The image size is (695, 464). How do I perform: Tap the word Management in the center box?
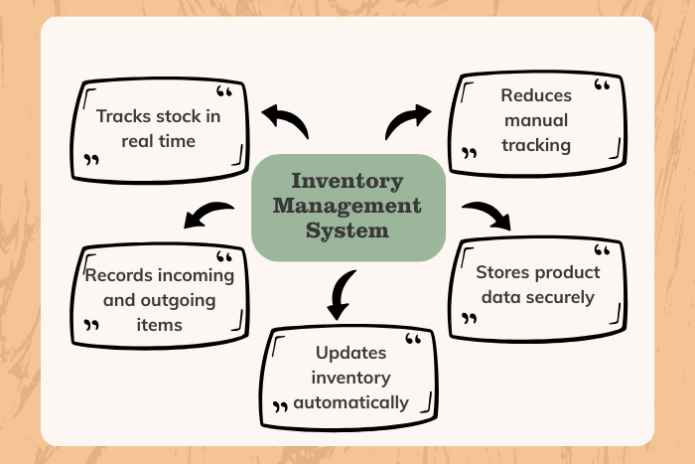pyautogui.click(x=347, y=207)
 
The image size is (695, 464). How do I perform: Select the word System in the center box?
pyautogui.click(x=347, y=231)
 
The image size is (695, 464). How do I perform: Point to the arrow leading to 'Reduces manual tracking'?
pyautogui.click(x=406, y=119)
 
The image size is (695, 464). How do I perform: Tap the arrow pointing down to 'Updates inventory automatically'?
pyautogui.click(x=340, y=293)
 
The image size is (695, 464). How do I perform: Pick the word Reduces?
pyautogui.click(x=537, y=96)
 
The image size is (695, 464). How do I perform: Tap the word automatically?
pyautogui.click(x=349, y=402)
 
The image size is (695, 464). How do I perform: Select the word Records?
pyautogui.click(x=118, y=274)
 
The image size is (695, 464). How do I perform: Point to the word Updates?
pyautogui.click(x=349, y=353)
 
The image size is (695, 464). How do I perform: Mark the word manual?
pyautogui.click(x=536, y=120)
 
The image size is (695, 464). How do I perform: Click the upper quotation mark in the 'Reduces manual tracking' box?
pyautogui.click(x=601, y=87)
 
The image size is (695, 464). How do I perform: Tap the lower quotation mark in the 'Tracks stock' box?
pyautogui.click(x=92, y=159)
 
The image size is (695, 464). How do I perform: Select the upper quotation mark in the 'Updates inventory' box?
pyautogui.click(x=414, y=341)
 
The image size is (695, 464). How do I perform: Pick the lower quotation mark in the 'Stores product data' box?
pyautogui.click(x=470, y=319)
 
